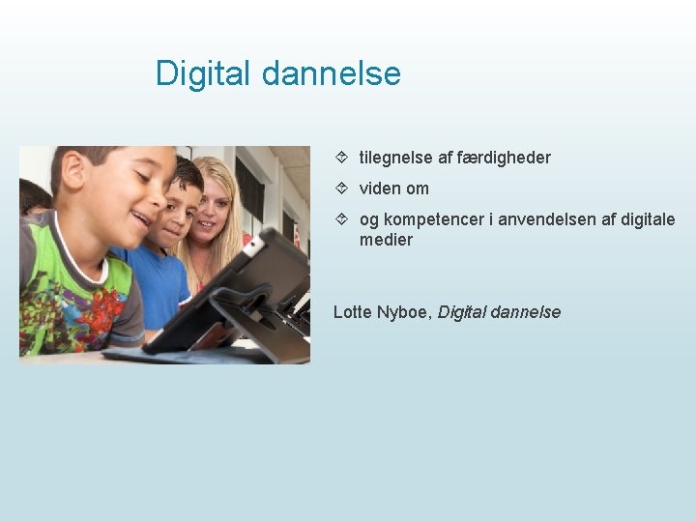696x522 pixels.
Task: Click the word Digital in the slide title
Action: coord(201,73)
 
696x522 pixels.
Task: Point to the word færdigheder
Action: coord(507,158)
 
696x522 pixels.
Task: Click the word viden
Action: coord(381,188)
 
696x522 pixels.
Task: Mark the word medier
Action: coord(386,240)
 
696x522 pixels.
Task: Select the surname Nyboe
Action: coord(406,312)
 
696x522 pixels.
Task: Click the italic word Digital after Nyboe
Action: coord(462,312)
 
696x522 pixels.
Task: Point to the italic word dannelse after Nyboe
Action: coord(526,312)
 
